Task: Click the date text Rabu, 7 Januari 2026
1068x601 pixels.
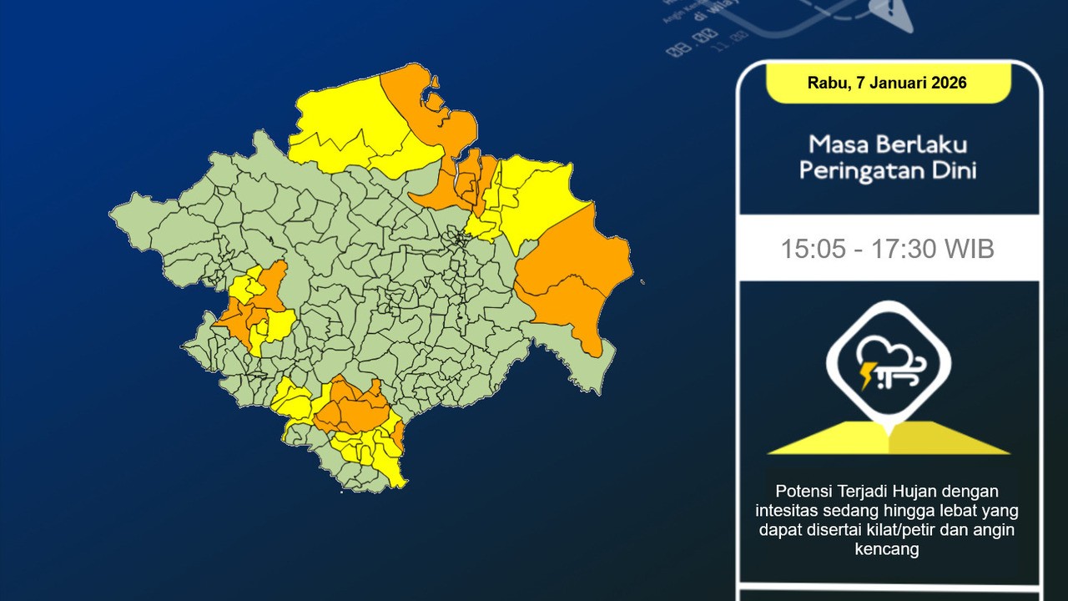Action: pos(887,83)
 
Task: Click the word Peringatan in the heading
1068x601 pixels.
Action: pos(859,170)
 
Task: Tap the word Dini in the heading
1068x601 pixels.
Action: pos(955,170)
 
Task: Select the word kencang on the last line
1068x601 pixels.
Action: pos(887,549)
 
